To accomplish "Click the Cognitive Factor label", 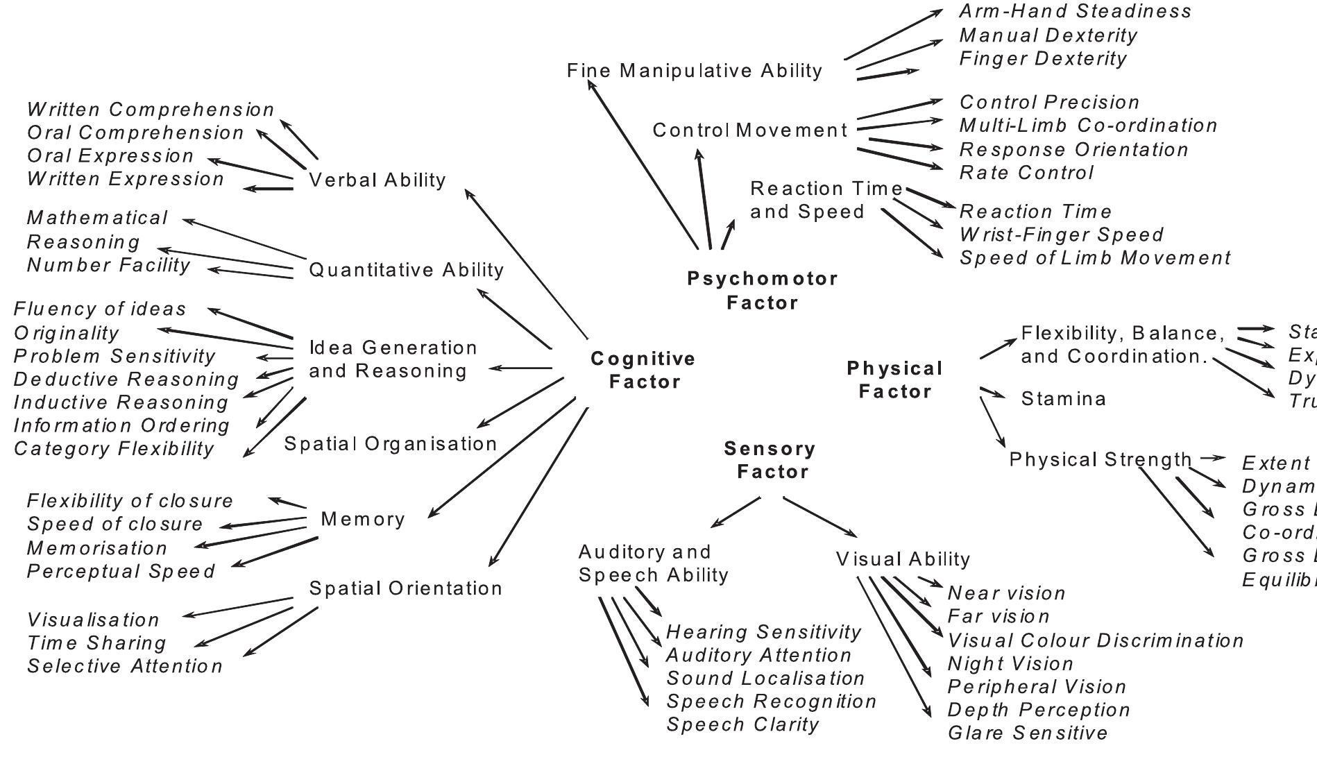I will coord(643,370).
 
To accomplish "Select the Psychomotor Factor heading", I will coord(762,290).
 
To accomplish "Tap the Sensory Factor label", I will coord(770,459).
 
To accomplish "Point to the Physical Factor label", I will coord(894,380).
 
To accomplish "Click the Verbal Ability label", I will coord(377,180).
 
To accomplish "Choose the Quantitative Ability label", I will coord(406,269).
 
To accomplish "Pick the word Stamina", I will coord(1064,399).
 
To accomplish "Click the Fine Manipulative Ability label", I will coord(694,70).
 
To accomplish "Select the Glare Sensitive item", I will coord(1027,733).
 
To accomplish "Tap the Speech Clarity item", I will coord(742,724).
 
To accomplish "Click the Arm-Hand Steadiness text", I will coord(1075,11).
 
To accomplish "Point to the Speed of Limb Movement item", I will coord(1094,257).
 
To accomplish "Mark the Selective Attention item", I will coord(125,666).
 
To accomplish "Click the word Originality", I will coord(66,332).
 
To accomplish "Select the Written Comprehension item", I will coord(151,109).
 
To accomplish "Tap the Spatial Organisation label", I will coord(391,443).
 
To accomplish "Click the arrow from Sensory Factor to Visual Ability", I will coord(820,517).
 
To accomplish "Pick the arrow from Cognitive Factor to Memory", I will coord(502,457).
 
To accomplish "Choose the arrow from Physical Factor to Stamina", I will coord(992,393).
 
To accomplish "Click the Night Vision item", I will coord(1010,663).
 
